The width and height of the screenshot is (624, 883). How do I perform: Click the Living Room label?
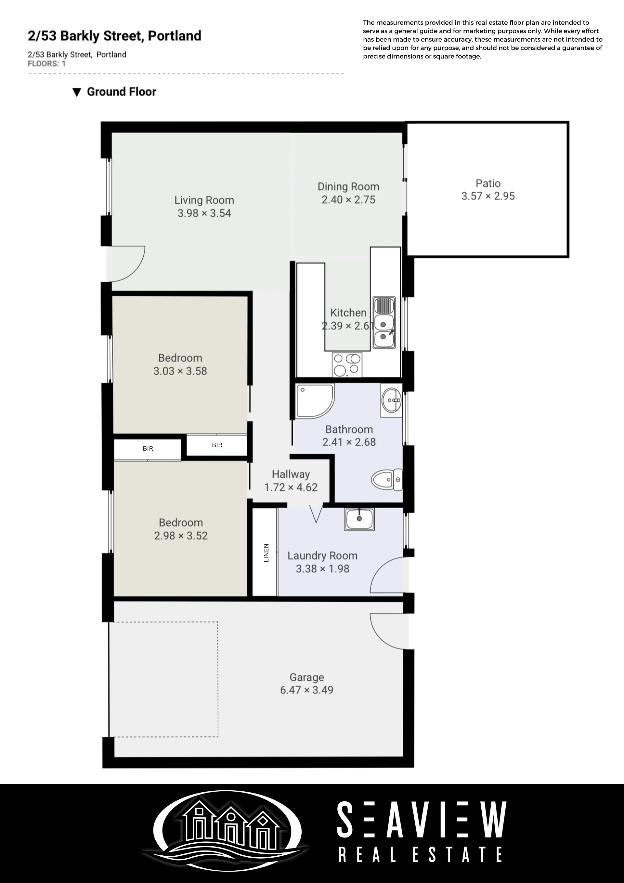[204, 200]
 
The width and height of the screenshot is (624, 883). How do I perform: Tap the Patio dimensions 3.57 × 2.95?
[488, 196]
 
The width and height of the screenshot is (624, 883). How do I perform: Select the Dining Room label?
[348, 187]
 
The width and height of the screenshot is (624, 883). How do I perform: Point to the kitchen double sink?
[384, 323]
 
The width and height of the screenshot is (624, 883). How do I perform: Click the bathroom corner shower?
[315, 401]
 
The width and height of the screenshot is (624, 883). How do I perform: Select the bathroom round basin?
[392, 400]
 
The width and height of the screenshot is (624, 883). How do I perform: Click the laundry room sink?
[359, 519]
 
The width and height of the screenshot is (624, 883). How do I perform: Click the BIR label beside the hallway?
[217, 445]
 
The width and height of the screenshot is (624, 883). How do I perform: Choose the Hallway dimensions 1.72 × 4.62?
[291, 487]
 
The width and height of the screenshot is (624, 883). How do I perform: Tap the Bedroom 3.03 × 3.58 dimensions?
[180, 371]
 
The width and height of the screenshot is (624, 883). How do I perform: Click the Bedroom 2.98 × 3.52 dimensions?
[181, 536]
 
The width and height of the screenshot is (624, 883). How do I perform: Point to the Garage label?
[306, 677]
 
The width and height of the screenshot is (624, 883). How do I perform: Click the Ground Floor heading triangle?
[77, 92]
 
